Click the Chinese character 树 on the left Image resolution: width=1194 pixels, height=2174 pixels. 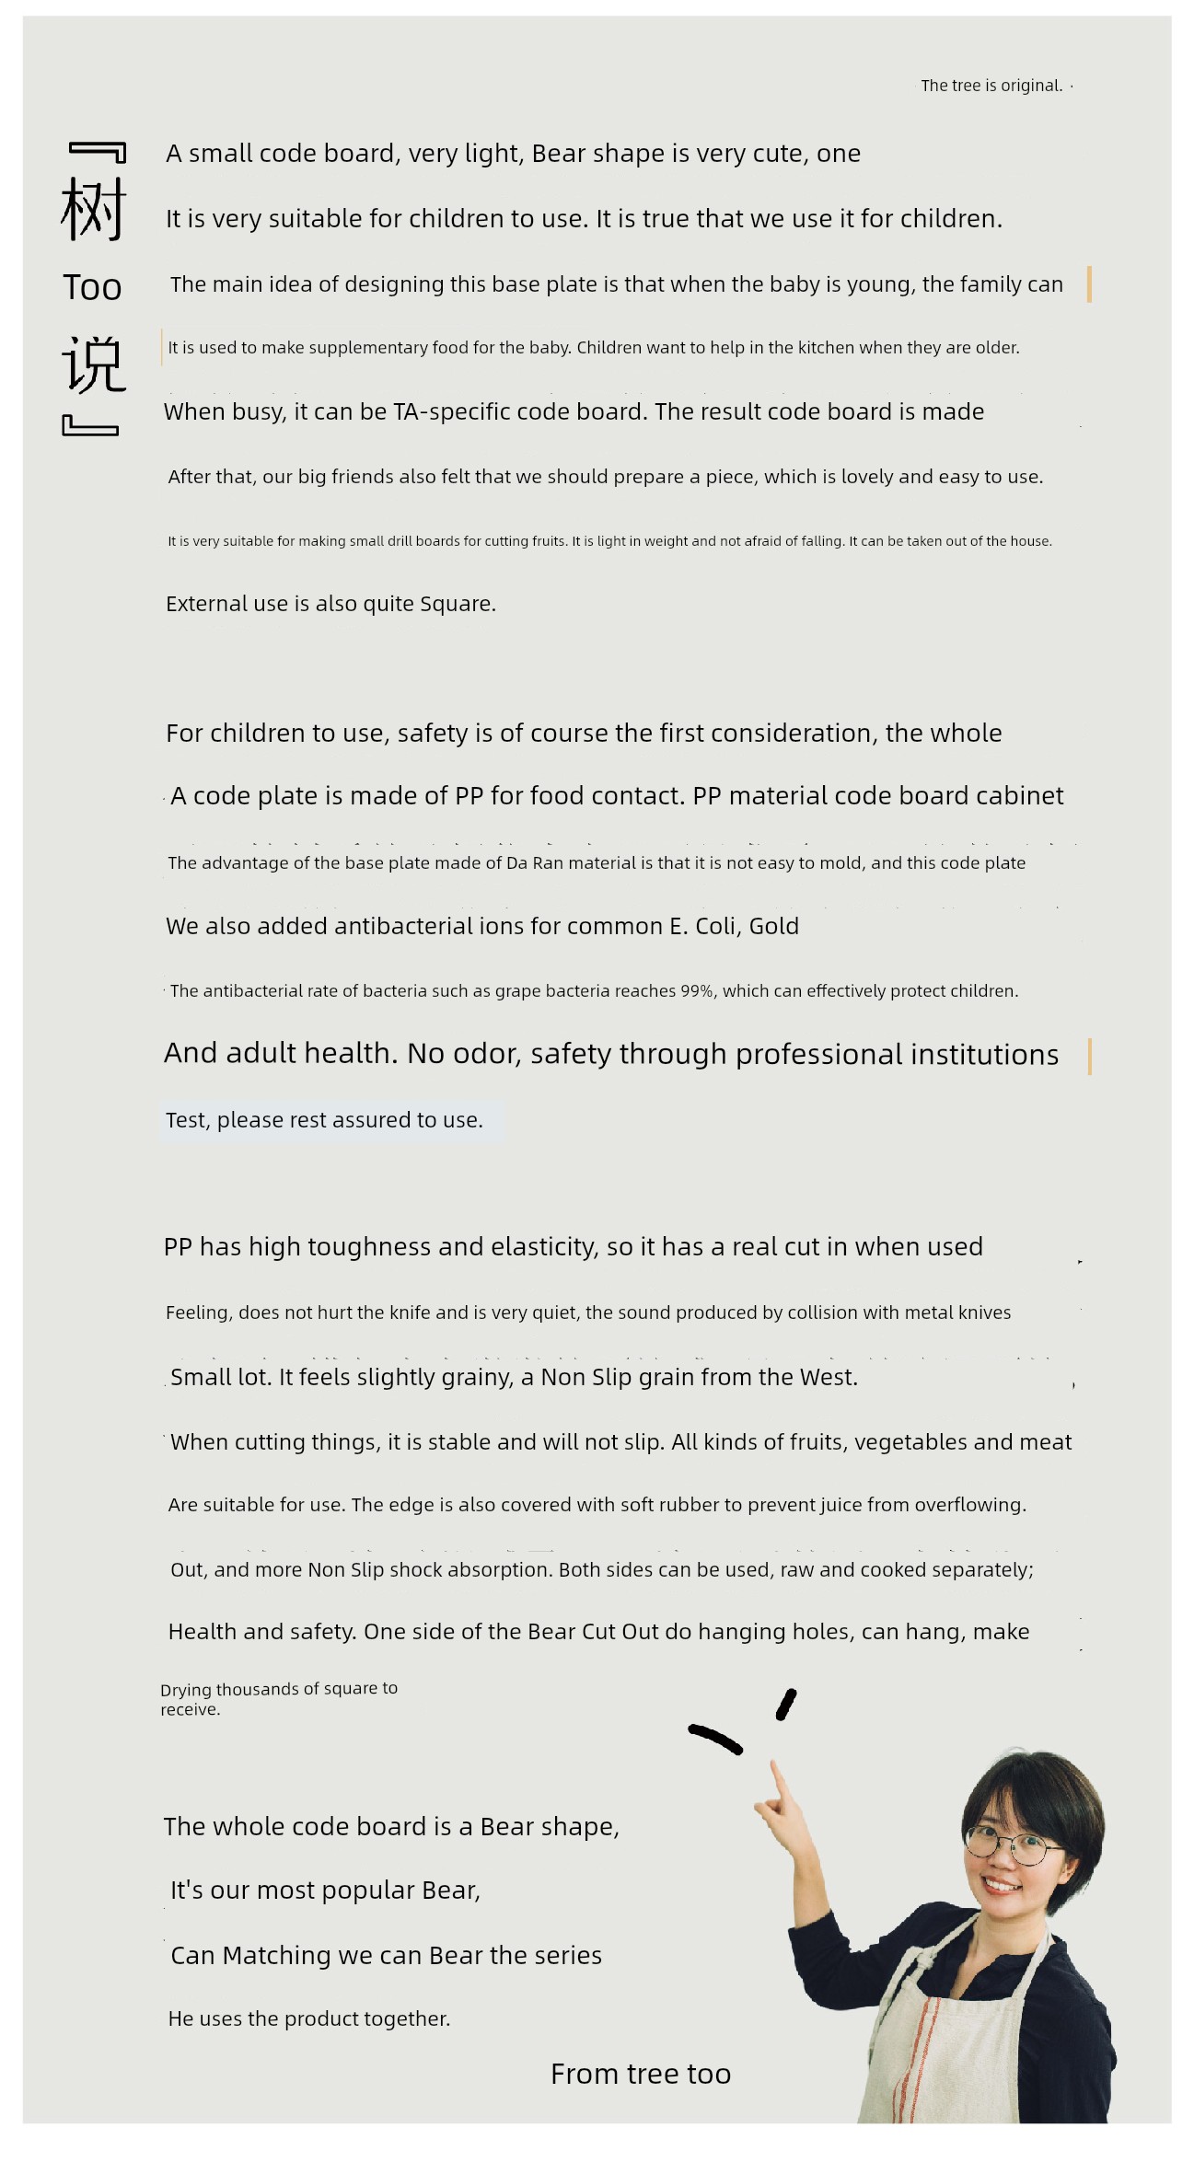click(x=93, y=209)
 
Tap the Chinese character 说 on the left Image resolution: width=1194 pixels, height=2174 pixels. click(x=93, y=364)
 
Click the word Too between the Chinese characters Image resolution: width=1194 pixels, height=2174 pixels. click(x=92, y=288)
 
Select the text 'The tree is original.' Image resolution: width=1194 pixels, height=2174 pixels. click(x=991, y=86)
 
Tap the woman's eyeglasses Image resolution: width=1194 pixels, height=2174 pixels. click(x=1010, y=1843)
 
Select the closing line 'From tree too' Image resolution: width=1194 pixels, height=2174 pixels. click(x=641, y=2074)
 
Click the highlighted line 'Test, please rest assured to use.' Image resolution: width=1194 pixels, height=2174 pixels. click(x=324, y=1120)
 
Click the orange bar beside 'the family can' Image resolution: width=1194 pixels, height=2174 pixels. click(x=1089, y=284)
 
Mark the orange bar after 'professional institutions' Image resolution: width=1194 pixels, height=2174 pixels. click(x=1089, y=1056)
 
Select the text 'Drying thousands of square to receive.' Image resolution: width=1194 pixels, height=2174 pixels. click(x=278, y=1698)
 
